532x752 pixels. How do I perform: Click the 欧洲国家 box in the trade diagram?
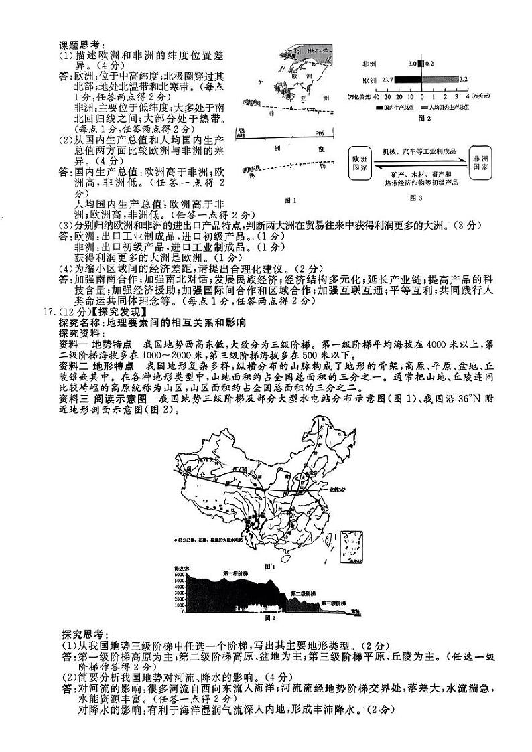360,165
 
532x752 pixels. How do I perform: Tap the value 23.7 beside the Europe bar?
387,79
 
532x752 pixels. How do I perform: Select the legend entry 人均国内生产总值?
463,107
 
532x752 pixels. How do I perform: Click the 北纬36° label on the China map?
339,490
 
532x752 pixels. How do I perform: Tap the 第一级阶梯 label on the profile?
235,574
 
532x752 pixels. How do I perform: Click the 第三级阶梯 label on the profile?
333,603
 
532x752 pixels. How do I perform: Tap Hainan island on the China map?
293,551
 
